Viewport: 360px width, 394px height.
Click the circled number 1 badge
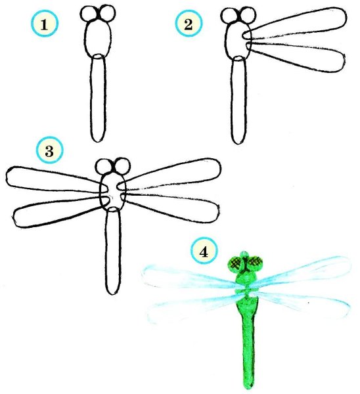(x=45, y=24)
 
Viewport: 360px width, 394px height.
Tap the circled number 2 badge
(x=189, y=24)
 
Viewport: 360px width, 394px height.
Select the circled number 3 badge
(x=49, y=151)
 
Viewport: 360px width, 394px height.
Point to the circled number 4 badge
(x=204, y=252)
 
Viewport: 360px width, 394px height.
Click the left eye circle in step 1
(x=90, y=14)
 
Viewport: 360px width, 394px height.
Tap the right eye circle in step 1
(x=107, y=13)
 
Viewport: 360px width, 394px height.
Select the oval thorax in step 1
(x=98, y=38)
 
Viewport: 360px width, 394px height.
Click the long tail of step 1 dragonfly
(x=98, y=98)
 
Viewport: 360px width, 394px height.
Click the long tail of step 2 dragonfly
(x=238, y=100)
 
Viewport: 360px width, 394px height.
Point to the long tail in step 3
(x=113, y=251)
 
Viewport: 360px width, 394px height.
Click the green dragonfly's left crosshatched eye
(x=236, y=264)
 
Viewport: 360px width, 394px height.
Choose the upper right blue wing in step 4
(x=302, y=273)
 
